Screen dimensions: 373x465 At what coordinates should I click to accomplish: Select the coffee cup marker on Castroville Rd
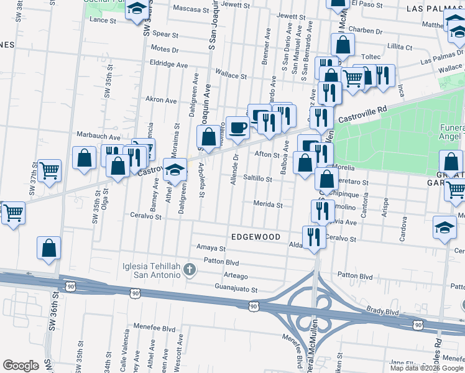point(237,128)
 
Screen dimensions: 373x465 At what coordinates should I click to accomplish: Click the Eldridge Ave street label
point(168,64)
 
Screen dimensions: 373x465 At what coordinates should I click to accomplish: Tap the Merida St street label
point(267,204)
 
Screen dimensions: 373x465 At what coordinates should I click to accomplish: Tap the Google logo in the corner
point(21,365)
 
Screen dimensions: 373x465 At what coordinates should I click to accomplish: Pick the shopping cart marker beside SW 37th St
point(49,170)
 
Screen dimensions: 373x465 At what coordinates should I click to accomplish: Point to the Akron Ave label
point(161,99)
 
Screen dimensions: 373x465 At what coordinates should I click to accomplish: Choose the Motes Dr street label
point(164,48)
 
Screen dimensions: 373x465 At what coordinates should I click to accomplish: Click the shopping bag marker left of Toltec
point(343,45)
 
